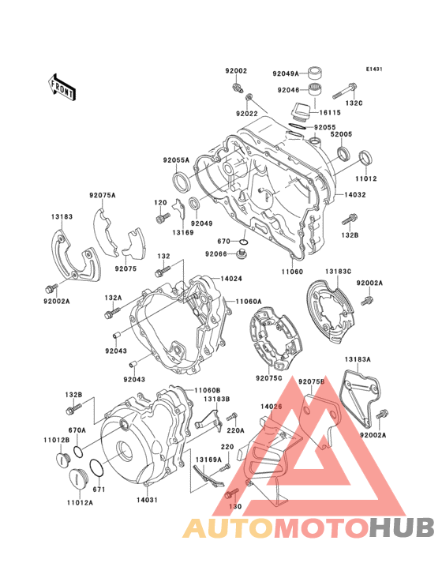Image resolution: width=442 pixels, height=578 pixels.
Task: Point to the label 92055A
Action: [x=178, y=160]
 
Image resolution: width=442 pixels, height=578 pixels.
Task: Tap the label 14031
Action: [x=148, y=499]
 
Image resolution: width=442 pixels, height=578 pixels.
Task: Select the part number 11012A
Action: [x=80, y=501]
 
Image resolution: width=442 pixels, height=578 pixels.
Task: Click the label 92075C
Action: [x=269, y=377]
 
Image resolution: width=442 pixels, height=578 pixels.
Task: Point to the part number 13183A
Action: [x=357, y=359]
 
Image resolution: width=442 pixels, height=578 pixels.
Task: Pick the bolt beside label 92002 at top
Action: [x=236, y=84]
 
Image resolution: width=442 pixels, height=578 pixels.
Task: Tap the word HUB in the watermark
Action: [x=394, y=527]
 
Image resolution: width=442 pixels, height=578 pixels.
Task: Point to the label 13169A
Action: [x=208, y=460]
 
